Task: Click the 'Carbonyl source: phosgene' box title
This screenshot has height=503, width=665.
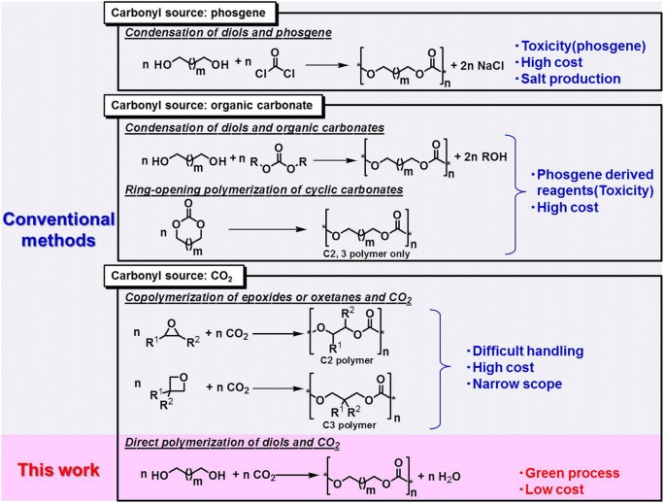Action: click(188, 13)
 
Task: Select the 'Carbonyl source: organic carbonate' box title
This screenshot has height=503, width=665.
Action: click(212, 106)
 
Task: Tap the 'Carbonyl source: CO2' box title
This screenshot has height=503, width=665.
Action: click(172, 276)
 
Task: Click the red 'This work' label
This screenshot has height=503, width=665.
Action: click(58, 470)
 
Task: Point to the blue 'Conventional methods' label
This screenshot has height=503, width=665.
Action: click(58, 230)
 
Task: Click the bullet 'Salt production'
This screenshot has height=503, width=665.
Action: click(568, 79)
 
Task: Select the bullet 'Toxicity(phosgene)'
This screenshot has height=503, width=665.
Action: click(581, 47)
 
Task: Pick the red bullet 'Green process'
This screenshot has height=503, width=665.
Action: click(570, 473)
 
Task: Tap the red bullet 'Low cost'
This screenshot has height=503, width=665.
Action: click(551, 489)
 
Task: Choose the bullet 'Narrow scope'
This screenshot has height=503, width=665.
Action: click(514, 385)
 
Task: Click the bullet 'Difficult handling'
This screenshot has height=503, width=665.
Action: click(525, 352)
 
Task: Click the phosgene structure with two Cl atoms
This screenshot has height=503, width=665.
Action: click(275, 64)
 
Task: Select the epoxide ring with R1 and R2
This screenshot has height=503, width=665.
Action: click(173, 334)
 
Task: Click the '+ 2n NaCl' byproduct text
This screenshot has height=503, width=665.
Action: click(477, 66)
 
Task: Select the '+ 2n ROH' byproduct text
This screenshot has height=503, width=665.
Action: click(481, 157)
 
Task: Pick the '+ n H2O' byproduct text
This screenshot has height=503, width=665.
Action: click(439, 477)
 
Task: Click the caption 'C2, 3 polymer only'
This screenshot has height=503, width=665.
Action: click(366, 254)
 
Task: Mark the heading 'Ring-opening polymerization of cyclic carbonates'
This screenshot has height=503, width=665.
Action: click(264, 190)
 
